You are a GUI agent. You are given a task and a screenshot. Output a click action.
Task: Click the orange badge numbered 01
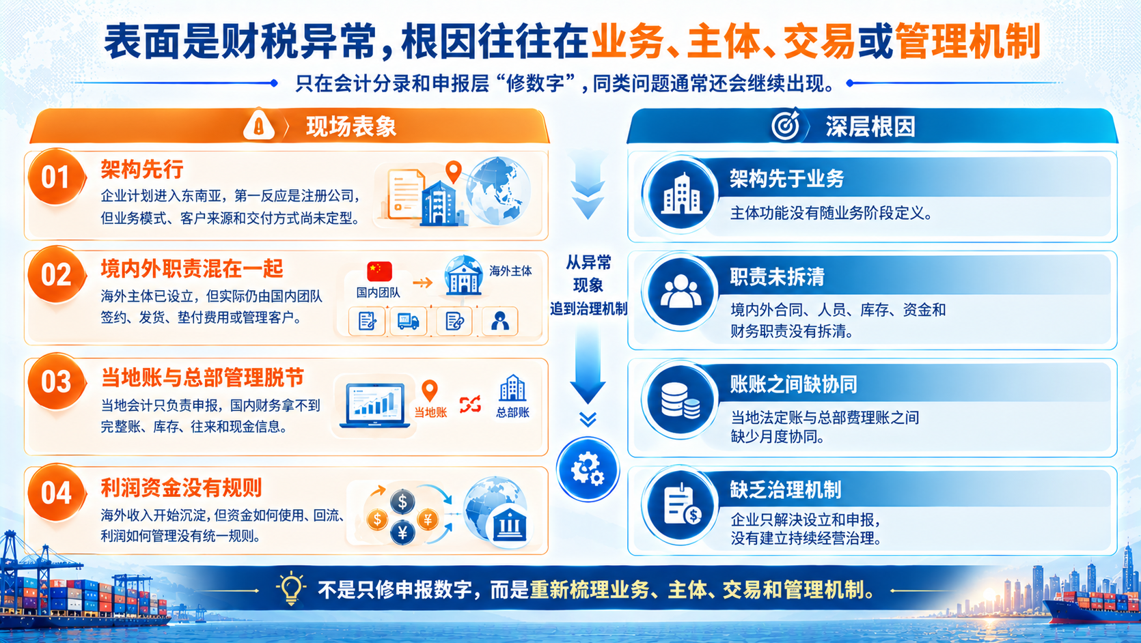56,177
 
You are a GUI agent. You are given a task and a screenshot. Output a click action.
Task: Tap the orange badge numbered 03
56,382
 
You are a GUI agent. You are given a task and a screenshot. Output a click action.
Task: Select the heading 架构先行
141,169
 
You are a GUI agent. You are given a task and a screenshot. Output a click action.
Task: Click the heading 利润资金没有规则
181,487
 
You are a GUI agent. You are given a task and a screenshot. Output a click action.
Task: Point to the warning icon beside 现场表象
259,124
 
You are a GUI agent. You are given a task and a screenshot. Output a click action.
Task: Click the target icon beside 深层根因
786,125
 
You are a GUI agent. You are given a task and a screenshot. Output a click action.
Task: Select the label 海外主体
510,270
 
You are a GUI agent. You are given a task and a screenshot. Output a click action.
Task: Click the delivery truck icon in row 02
408,321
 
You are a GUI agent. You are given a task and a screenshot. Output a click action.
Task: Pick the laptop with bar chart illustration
375,406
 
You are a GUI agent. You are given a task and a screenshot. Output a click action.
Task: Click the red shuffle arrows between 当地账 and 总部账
469,404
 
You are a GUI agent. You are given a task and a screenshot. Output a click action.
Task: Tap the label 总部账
512,412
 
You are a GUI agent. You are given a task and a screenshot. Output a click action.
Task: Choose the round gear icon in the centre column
588,469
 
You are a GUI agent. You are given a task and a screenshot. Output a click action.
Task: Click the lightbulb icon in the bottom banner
291,588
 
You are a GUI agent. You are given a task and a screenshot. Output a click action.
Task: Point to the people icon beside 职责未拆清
680,291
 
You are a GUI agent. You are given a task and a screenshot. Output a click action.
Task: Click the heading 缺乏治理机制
786,489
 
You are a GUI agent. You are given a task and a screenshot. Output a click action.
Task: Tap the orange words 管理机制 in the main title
967,41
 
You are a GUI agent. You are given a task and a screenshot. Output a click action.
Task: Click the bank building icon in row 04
510,525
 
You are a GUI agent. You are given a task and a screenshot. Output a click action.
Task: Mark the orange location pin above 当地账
430,390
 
